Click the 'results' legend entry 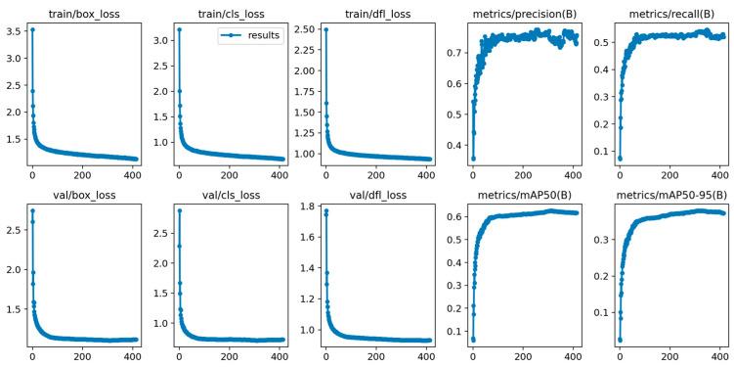click(264, 34)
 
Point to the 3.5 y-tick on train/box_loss click(12, 30)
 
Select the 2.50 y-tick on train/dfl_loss click(301, 30)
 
